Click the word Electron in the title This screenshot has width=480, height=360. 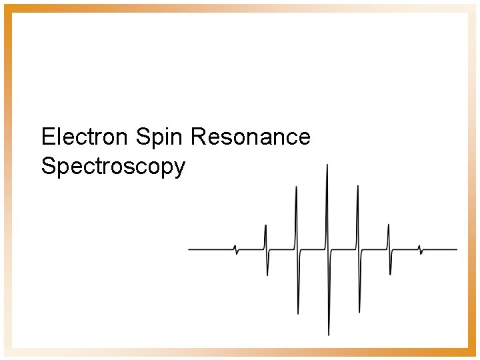coord(84,137)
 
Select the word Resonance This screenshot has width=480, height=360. coord(251,137)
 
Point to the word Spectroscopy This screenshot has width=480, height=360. coord(113,166)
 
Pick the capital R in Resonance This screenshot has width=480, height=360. coord(198,137)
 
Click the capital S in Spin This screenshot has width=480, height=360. coord(141,137)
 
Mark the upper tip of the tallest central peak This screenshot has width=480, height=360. coord(327,165)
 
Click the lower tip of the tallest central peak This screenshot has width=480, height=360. coord(329,334)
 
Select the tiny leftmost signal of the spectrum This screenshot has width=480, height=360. coord(235,249)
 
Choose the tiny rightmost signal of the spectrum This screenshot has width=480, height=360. coord(420,249)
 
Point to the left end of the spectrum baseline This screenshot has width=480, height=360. coord(189,249)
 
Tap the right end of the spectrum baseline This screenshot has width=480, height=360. coord(457,249)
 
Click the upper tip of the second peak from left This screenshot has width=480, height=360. coord(265,225)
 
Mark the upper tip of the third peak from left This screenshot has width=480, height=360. coord(296,187)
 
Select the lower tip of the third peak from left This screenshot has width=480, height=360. coord(298,313)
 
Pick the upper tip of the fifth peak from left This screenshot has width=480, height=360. coord(358,186)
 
